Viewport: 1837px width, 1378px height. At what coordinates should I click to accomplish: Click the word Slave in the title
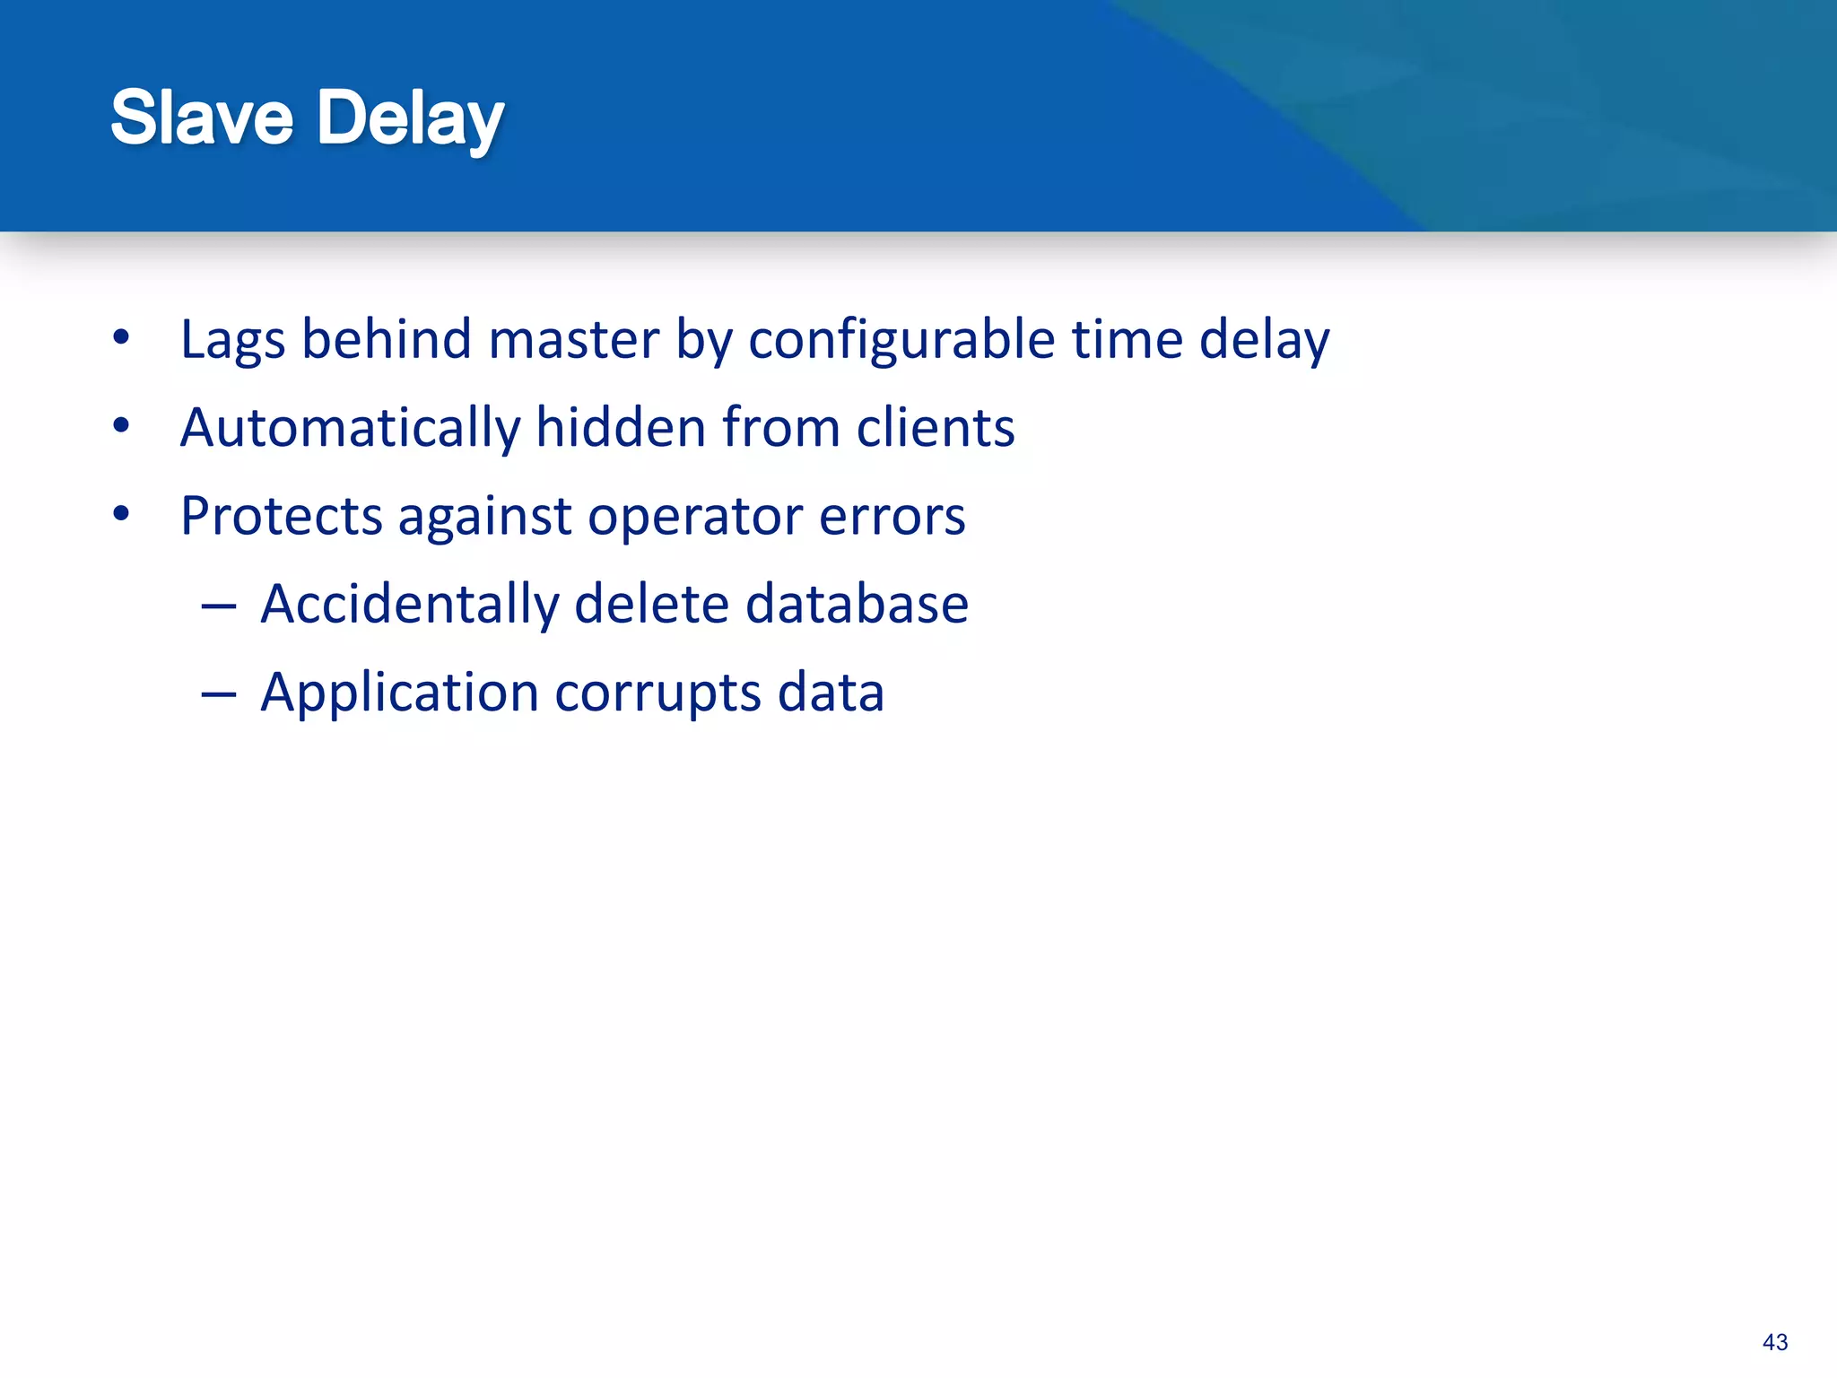(x=202, y=118)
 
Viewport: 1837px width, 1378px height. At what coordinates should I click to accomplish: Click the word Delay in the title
(x=410, y=119)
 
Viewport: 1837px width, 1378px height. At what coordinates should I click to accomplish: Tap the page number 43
(x=1774, y=1342)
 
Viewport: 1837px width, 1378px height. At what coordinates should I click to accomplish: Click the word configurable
(x=901, y=341)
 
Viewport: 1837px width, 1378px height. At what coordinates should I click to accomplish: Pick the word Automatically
(x=350, y=428)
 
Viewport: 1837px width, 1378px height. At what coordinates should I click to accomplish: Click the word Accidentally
(x=409, y=604)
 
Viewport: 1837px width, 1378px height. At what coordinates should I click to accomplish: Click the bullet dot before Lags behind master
(x=122, y=339)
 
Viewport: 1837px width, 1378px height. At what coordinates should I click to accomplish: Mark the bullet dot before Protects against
(x=122, y=515)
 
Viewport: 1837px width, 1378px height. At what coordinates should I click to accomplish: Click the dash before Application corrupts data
(x=218, y=694)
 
